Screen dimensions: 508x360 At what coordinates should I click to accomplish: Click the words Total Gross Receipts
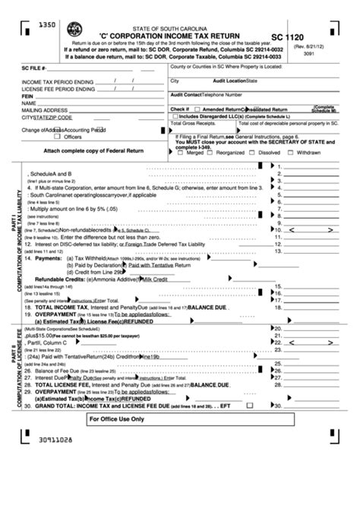196,121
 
